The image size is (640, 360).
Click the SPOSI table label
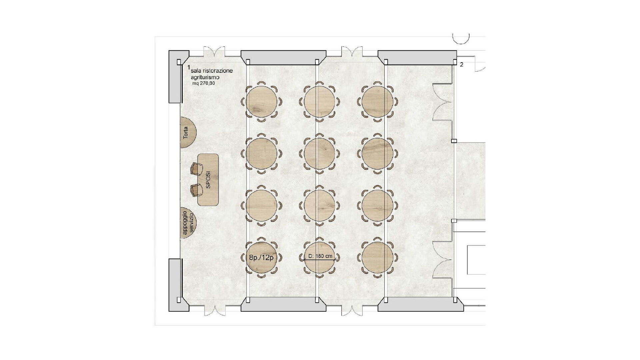pyautogui.click(x=208, y=180)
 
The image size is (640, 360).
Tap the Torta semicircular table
pyautogui.click(x=188, y=132)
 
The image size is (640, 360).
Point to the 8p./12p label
pyautogui.click(x=261, y=257)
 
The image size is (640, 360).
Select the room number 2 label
pyautogui.click(x=461, y=65)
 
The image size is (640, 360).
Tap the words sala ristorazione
pyautogui.click(x=214, y=71)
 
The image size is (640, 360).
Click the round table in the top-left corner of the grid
pyautogui.click(x=261, y=102)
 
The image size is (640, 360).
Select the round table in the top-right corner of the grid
pyautogui.click(x=377, y=102)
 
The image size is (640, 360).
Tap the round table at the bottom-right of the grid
pyautogui.click(x=377, y=258)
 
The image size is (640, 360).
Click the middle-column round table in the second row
pyautogui.click(x=320, y=154)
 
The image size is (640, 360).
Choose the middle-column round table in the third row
pyautogui.click(x=320, y=206)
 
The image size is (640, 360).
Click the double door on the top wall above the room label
pyautogui.click(x=215, y=53)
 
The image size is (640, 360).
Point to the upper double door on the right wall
pyautogui.click(x=442, y=102)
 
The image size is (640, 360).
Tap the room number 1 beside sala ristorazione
pyautogui.click(x=189, y=68)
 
